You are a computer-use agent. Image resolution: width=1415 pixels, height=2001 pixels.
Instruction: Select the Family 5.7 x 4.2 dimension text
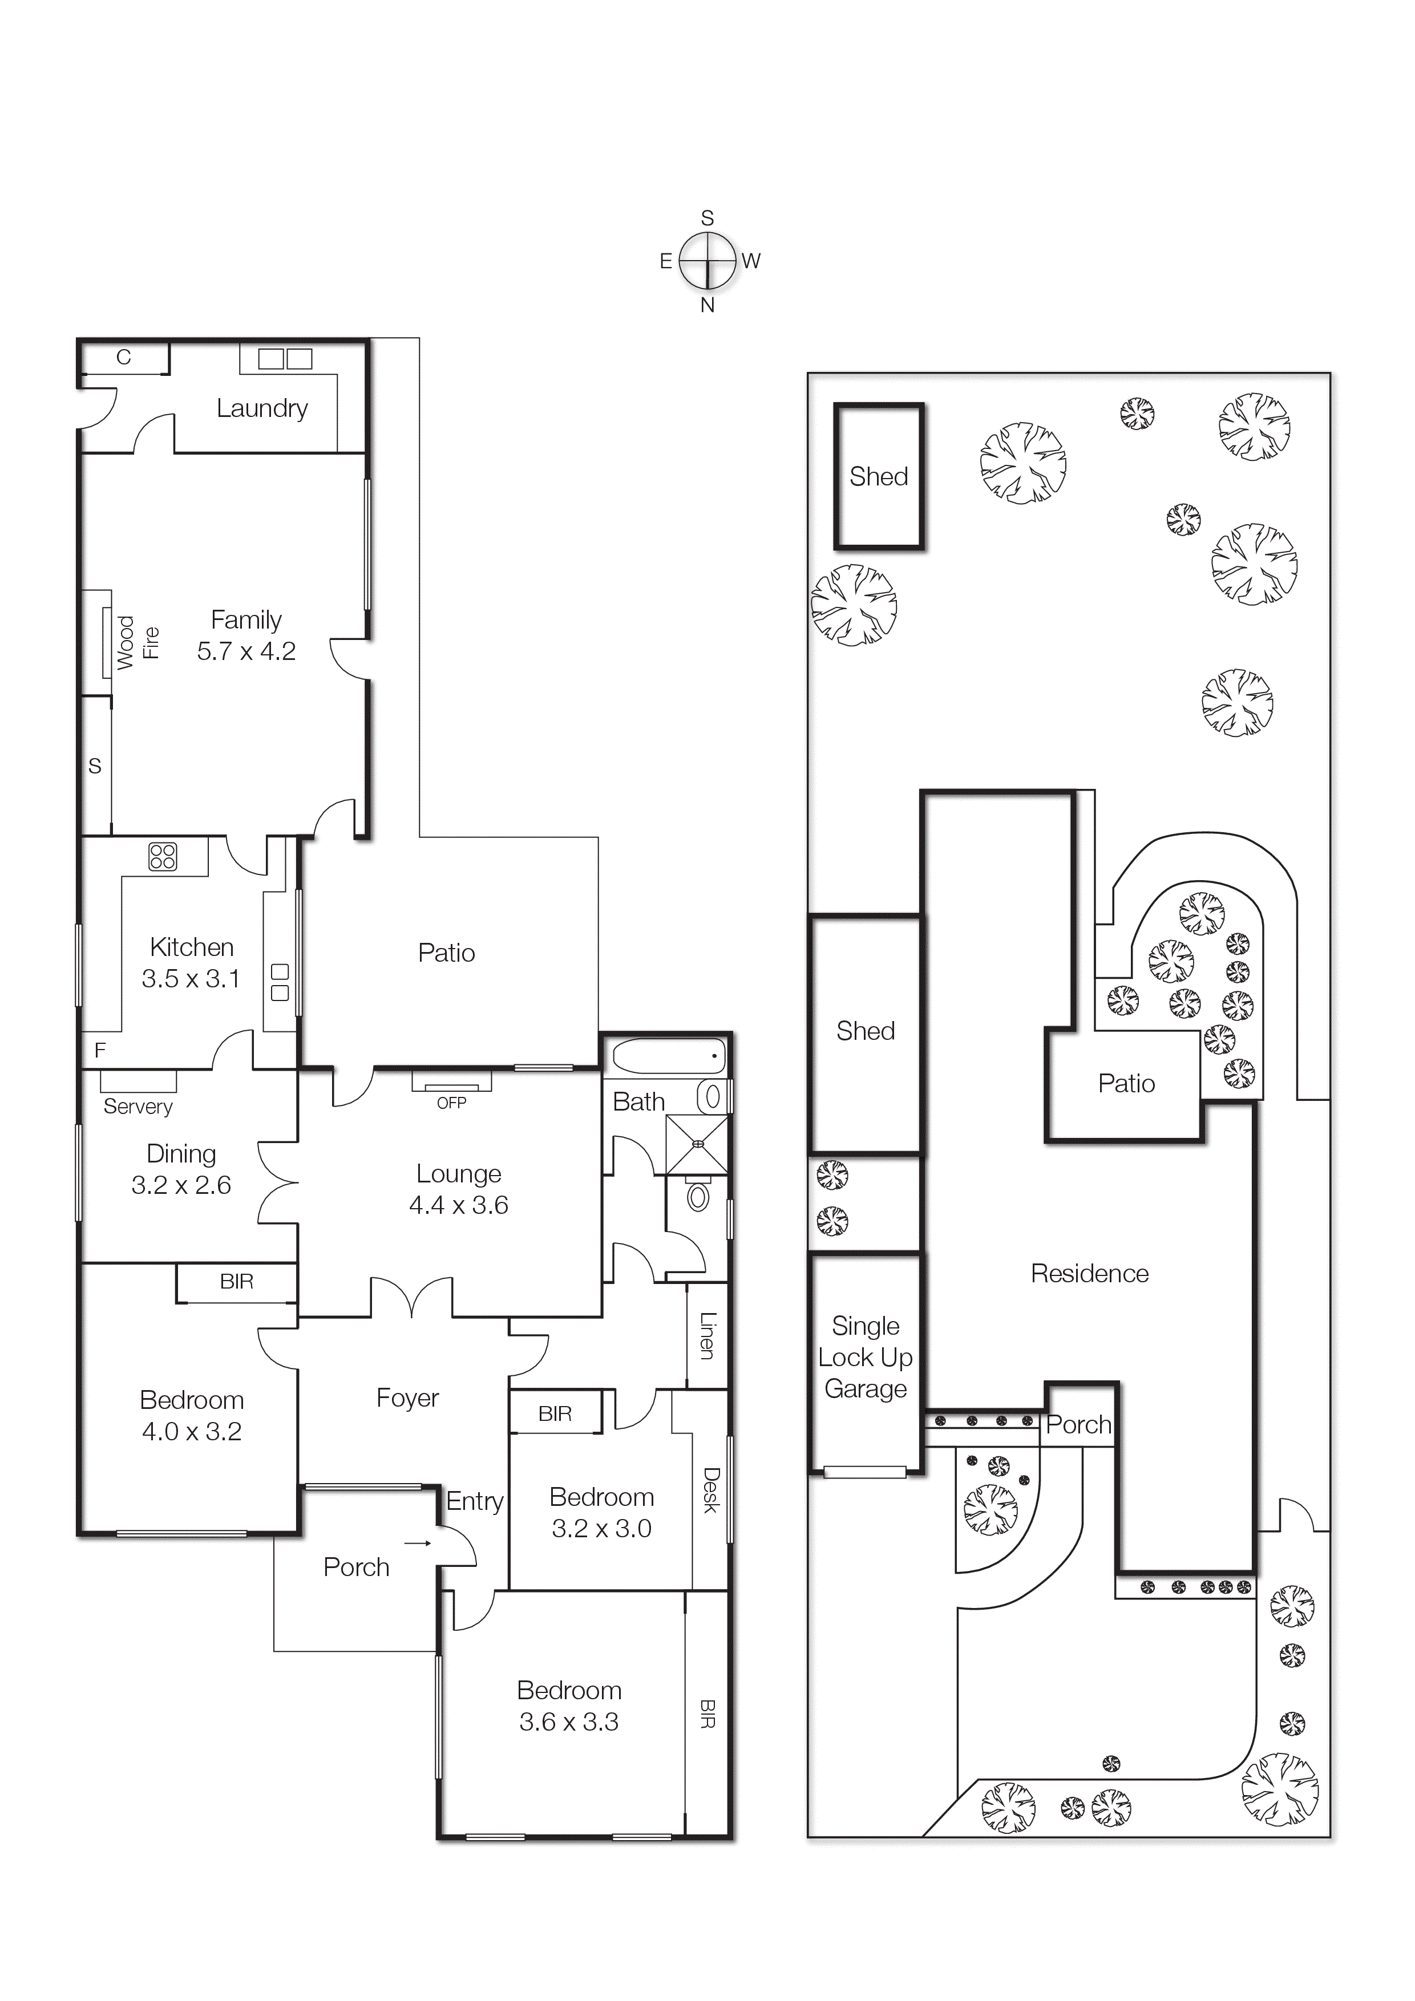(x=246, y=651)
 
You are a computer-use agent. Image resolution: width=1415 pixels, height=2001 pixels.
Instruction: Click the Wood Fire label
(x=138, y=642)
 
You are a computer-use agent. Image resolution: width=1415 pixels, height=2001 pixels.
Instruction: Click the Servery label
(x=138, y=1106)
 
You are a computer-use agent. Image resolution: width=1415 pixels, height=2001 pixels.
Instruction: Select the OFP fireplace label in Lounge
(x=452, y=1103)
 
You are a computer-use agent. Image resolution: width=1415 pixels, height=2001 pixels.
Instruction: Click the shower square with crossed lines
(x=697, y=1144)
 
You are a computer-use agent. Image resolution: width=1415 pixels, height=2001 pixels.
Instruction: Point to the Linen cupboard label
(x=707, y=1335)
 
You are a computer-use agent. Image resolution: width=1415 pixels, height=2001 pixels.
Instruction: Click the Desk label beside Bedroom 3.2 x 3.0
(x=710, y=1490)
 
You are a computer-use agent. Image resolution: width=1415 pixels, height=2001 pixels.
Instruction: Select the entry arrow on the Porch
(x=418, y=1544)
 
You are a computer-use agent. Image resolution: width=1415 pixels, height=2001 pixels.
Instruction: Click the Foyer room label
(x=407, y=1398)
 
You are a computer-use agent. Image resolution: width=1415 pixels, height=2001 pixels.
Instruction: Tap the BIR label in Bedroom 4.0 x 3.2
(x=236, y=1281)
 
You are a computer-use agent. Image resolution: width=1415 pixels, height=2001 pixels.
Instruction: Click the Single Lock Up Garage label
(x=865, y=1357)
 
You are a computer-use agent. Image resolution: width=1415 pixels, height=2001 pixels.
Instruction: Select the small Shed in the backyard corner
(x=879, y=477)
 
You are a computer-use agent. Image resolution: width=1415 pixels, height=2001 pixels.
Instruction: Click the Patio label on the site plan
(x=1126, y=1083)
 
